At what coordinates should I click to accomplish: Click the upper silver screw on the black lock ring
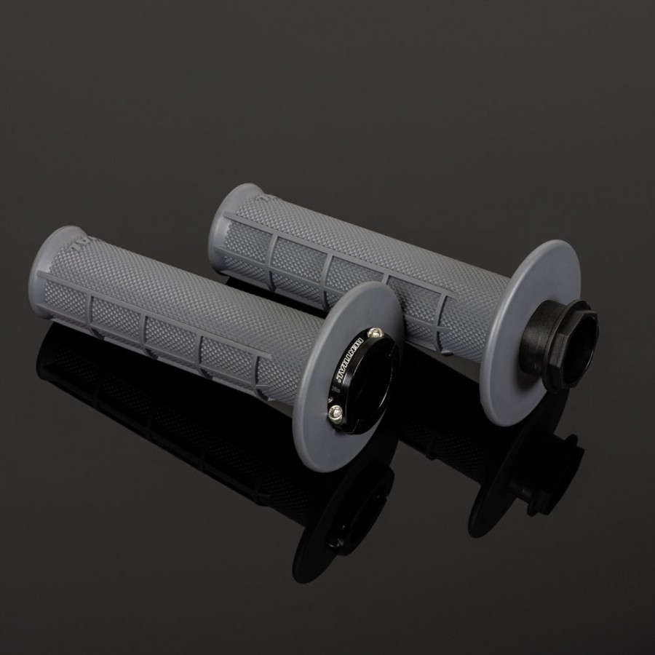click(375, 333)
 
